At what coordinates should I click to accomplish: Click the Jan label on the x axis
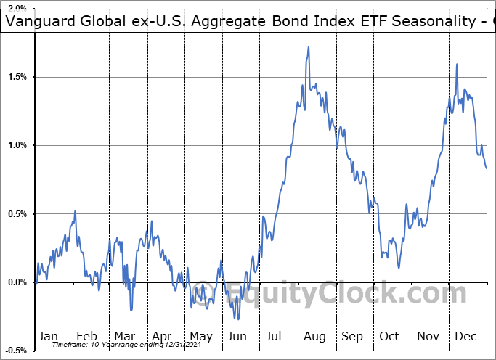click(49, 336)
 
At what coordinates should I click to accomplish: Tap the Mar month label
click(124, 336)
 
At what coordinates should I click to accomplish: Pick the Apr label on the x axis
click(162, 336)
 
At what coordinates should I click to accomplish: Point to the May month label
click(200, 336)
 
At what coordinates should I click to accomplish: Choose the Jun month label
click(238, 336)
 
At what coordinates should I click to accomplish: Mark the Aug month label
click(314, 336)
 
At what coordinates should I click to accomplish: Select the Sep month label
click(352, 336)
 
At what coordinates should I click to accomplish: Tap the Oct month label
click(390, 336)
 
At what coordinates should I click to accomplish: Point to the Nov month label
click(428, 336)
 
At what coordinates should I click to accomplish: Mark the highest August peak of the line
click(309, 48)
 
